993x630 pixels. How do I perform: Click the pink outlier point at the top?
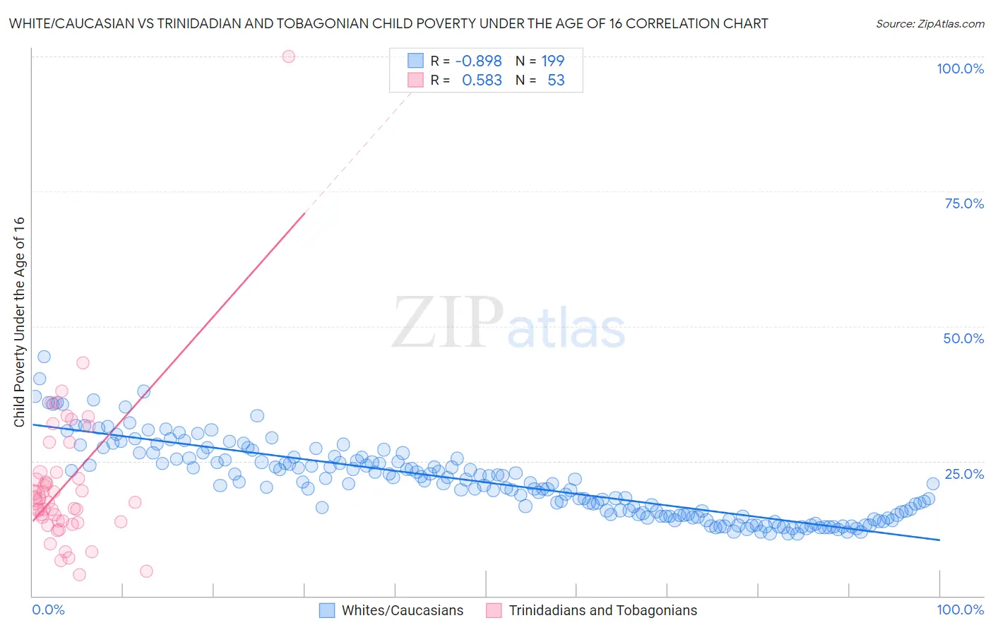point(288,57)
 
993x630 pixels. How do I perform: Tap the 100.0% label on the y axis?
point(960,69)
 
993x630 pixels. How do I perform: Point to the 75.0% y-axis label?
point(964,203)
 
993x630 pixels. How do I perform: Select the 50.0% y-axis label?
point(963,338)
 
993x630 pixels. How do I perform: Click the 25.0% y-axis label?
point(964,474)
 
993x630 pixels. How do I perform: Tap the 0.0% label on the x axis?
point(48,610)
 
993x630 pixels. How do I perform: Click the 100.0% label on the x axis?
point(960,610)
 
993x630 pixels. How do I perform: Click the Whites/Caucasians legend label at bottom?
point(403,610)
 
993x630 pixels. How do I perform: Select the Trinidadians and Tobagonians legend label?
point(602,610)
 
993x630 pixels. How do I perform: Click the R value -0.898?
point(478,61)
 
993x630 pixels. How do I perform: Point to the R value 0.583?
point(482,81)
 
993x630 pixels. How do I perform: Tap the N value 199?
point(553,61)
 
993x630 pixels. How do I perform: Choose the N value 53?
point(556,81)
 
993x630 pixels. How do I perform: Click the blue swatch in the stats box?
point(415,61)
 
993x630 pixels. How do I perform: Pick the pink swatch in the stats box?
point(415,80)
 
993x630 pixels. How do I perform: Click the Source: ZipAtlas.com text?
point(929,24)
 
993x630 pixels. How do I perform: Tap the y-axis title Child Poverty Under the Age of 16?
point(20,321)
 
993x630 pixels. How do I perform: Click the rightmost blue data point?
point(932,484)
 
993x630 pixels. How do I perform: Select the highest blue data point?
point(44,357)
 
